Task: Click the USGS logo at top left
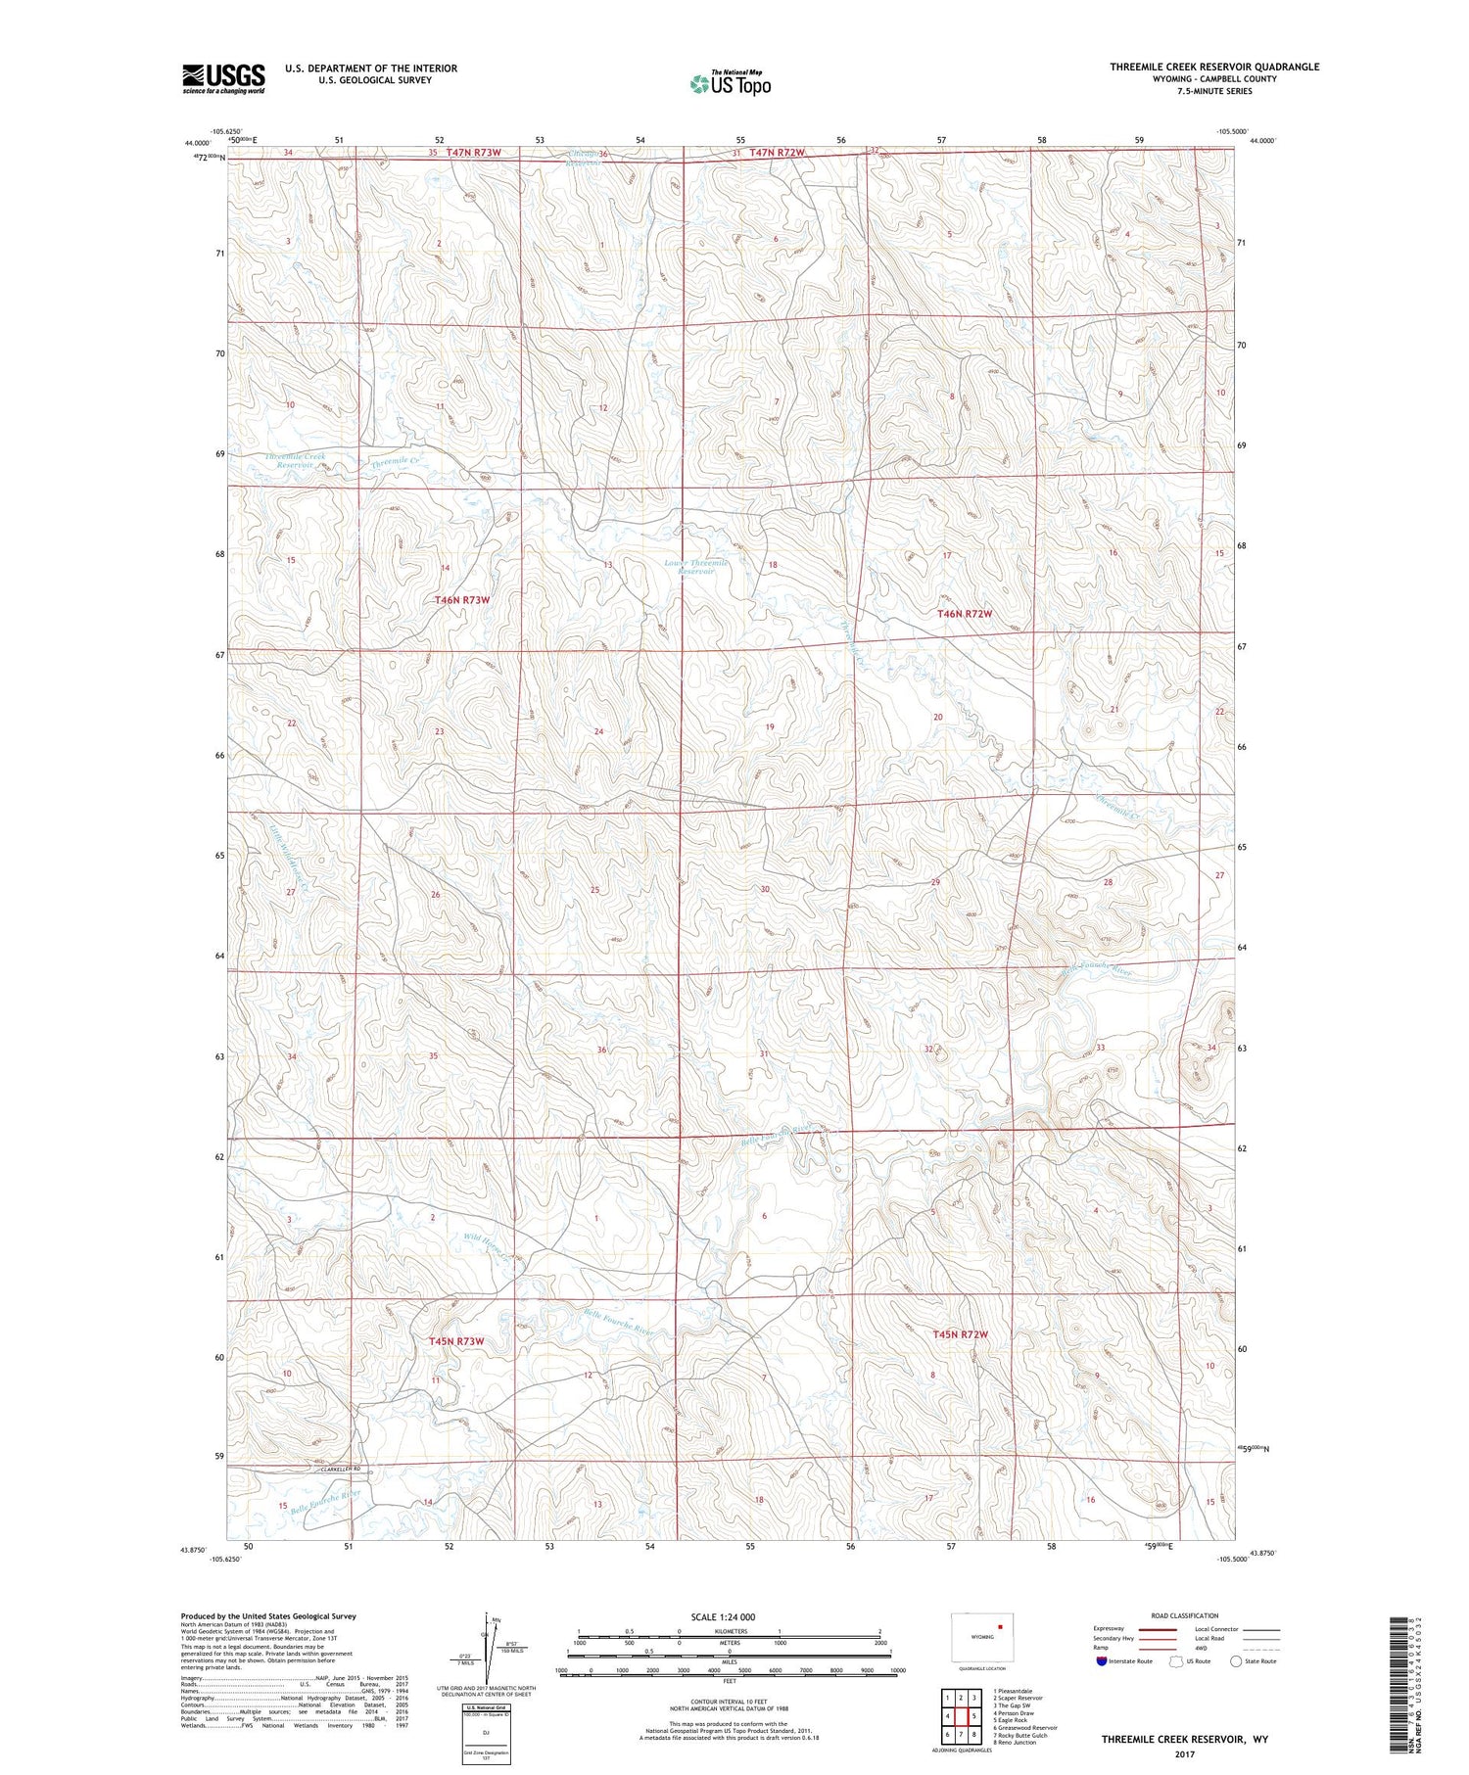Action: [x=223, y=78]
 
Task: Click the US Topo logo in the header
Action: [x=730, y=84]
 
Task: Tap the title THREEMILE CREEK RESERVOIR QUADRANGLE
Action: [x=1213, y=67]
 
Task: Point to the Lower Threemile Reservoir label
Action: [x=696, y=568]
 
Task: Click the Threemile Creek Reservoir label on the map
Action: [x=295, y=461]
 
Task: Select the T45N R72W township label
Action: [x=961, y=1334]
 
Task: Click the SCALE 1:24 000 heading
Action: [x=723, y=1617]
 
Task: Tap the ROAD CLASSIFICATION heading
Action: [x=1185, y=1616]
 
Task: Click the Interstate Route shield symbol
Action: [x=1102, y=1661]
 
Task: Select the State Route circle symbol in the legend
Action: [x=1236, y=1661]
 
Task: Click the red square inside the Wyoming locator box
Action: [x=1000, y=1628]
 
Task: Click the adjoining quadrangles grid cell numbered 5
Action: [x=974, y=1716]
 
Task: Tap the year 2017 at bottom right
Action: [x=1184, y=1754]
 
